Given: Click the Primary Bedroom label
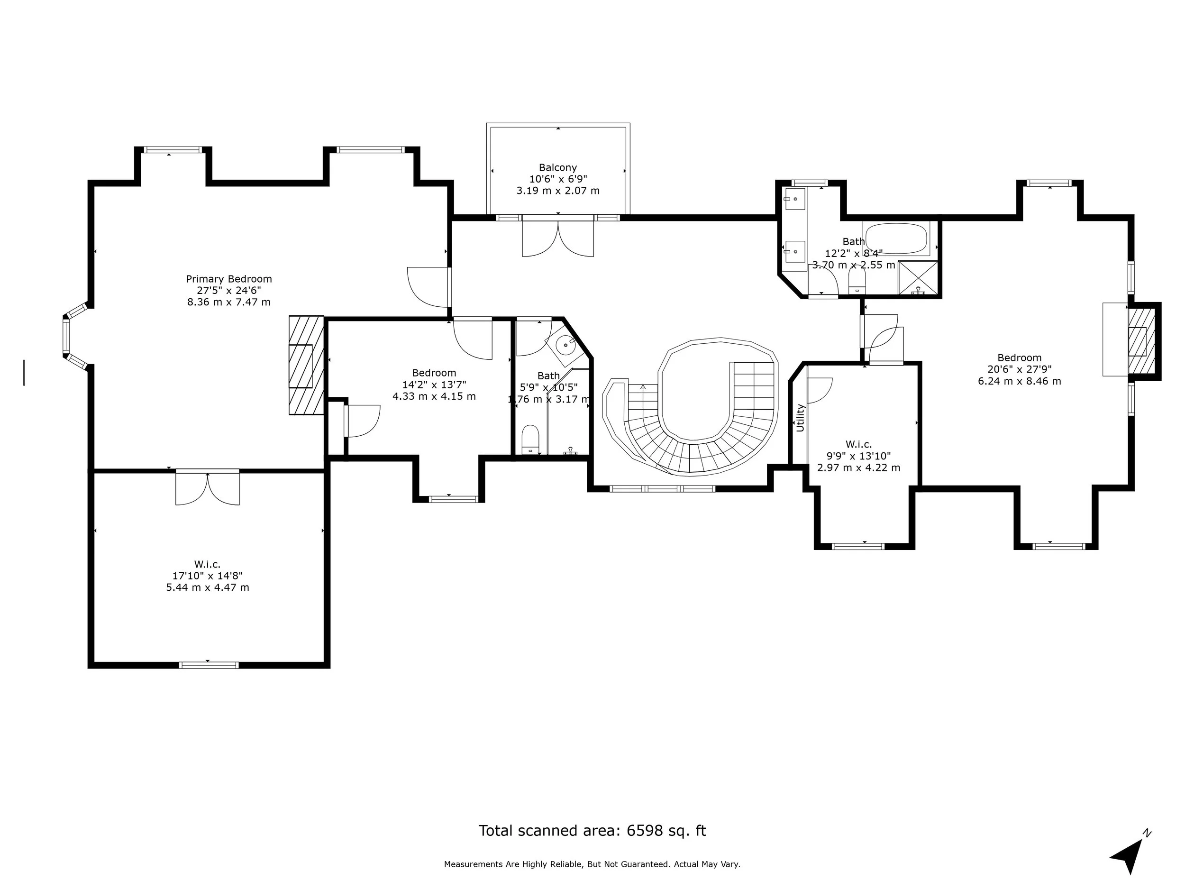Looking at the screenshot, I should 229,279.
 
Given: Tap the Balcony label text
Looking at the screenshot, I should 558,168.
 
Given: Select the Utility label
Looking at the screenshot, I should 800,418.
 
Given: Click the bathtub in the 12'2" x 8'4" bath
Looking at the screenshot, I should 896,239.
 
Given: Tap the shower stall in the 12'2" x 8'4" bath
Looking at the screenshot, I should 918,277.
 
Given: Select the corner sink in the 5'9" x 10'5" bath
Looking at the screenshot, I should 565,345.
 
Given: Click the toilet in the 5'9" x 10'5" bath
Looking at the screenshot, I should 530,440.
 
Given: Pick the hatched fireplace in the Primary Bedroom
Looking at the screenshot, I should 306,365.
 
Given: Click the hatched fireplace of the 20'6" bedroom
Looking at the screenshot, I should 1140,341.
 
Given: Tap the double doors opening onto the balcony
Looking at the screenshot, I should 558,239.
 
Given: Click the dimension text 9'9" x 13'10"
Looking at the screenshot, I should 858,456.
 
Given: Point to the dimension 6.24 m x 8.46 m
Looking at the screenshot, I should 1019,381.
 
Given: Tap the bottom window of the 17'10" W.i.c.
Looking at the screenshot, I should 209,665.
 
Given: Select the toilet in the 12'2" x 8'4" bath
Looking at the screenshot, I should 857,279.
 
